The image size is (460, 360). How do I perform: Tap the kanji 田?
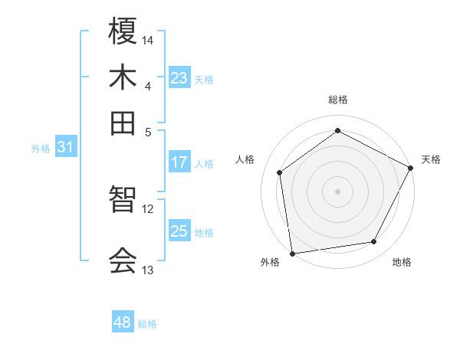[123, 123]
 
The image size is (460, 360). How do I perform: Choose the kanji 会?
[123, 260]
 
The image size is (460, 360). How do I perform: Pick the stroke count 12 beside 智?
[148, 208]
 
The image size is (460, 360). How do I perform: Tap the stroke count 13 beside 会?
[148, 270]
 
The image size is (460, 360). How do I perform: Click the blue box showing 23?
[179, 78]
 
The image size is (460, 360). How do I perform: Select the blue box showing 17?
[179, 162]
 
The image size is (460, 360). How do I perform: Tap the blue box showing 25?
[179, 231]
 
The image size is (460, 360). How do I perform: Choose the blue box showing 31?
[65, 148]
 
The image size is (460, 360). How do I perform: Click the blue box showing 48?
[123, 322]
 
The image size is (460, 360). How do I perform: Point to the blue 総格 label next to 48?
[147, 324]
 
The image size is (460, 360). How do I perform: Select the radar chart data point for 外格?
[292, 253]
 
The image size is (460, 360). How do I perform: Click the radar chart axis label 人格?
[245, 159]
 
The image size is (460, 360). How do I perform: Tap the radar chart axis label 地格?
[402, 262]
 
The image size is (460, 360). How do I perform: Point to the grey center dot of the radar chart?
[337, 191]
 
